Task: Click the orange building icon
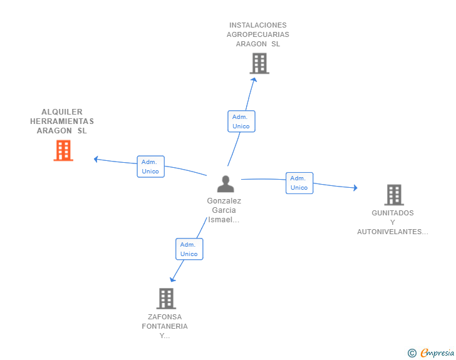(x=63, y=151)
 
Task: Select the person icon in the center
(x=225, y=184)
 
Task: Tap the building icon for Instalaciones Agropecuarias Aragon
(x=259, y=63)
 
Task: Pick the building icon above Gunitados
(x=394, y=195)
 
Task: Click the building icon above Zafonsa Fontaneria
(x=166, y=299)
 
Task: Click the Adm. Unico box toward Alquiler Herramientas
(x=151, y=167)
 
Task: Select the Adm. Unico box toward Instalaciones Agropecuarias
(x=241, y=121)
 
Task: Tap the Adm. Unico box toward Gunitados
(x=299, y=183)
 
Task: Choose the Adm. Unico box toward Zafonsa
(x=189, y=249)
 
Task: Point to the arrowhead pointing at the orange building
(x=96, y=159)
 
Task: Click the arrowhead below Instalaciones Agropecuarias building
(x=253, y=79)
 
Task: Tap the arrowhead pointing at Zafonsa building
(x=173, y=279)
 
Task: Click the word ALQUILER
(x=62, y=112)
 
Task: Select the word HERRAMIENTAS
(x=62, y=121)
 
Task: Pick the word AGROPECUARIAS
(x=258, y=34)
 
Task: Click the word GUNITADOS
(x=393, y=213)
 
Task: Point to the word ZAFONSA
(x=165, y=317)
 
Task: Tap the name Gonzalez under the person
(x=224, y=201)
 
